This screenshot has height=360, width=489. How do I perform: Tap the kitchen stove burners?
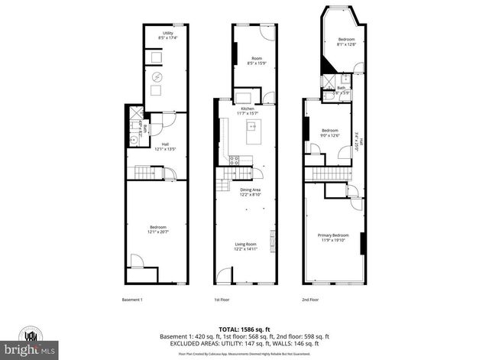point(235,161)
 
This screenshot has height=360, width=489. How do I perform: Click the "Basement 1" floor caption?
point(132,300)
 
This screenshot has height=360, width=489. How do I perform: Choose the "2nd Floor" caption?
point(310,300)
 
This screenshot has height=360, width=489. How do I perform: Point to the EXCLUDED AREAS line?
point(244,343)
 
